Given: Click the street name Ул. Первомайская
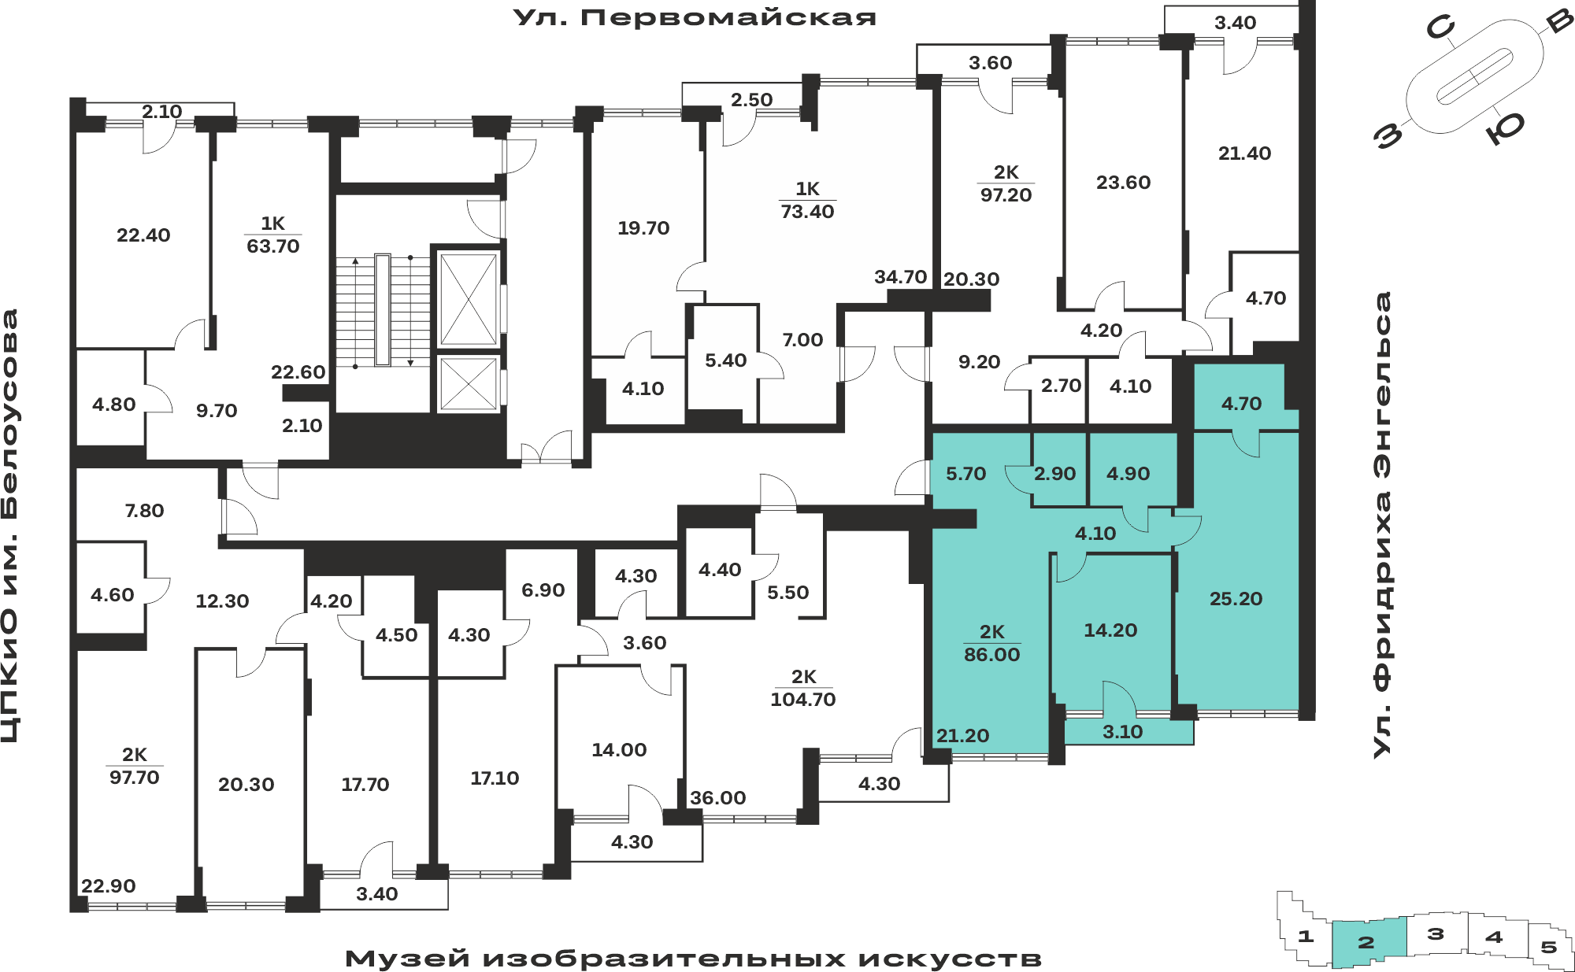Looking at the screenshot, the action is (x=695, y=17).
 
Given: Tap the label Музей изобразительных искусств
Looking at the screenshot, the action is (x=693, y=959).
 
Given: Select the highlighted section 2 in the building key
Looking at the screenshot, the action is (x=1368, y=942).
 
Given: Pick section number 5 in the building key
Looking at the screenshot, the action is (x=1549, y=947).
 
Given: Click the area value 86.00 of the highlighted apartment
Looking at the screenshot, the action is (x=991, y=655).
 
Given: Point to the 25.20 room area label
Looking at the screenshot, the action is (x=1236, y=599).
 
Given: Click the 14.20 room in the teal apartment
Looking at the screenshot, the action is (x=1110, y=630).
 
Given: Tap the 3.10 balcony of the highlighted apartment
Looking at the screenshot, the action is (x=1122, y=732).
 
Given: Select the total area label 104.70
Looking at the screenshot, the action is (x=802, y=700).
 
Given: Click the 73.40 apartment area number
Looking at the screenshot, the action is (x=807, y=212).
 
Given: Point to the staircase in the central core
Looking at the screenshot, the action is (x=383, y=311).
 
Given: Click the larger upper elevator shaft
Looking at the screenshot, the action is (x=469, y=299).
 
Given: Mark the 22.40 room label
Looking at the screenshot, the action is (x=143, y=235).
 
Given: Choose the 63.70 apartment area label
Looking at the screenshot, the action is (x=273, y=246).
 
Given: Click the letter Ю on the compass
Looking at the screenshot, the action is (x=1505, y=128).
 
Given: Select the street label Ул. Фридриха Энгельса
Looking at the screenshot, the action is (x=1382, y=525).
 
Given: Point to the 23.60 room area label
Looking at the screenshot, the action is (x=1123, y=183).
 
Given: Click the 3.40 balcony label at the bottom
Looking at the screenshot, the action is (x=376, y=894).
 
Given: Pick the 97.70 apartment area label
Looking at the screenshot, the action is (x=134, y=778).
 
